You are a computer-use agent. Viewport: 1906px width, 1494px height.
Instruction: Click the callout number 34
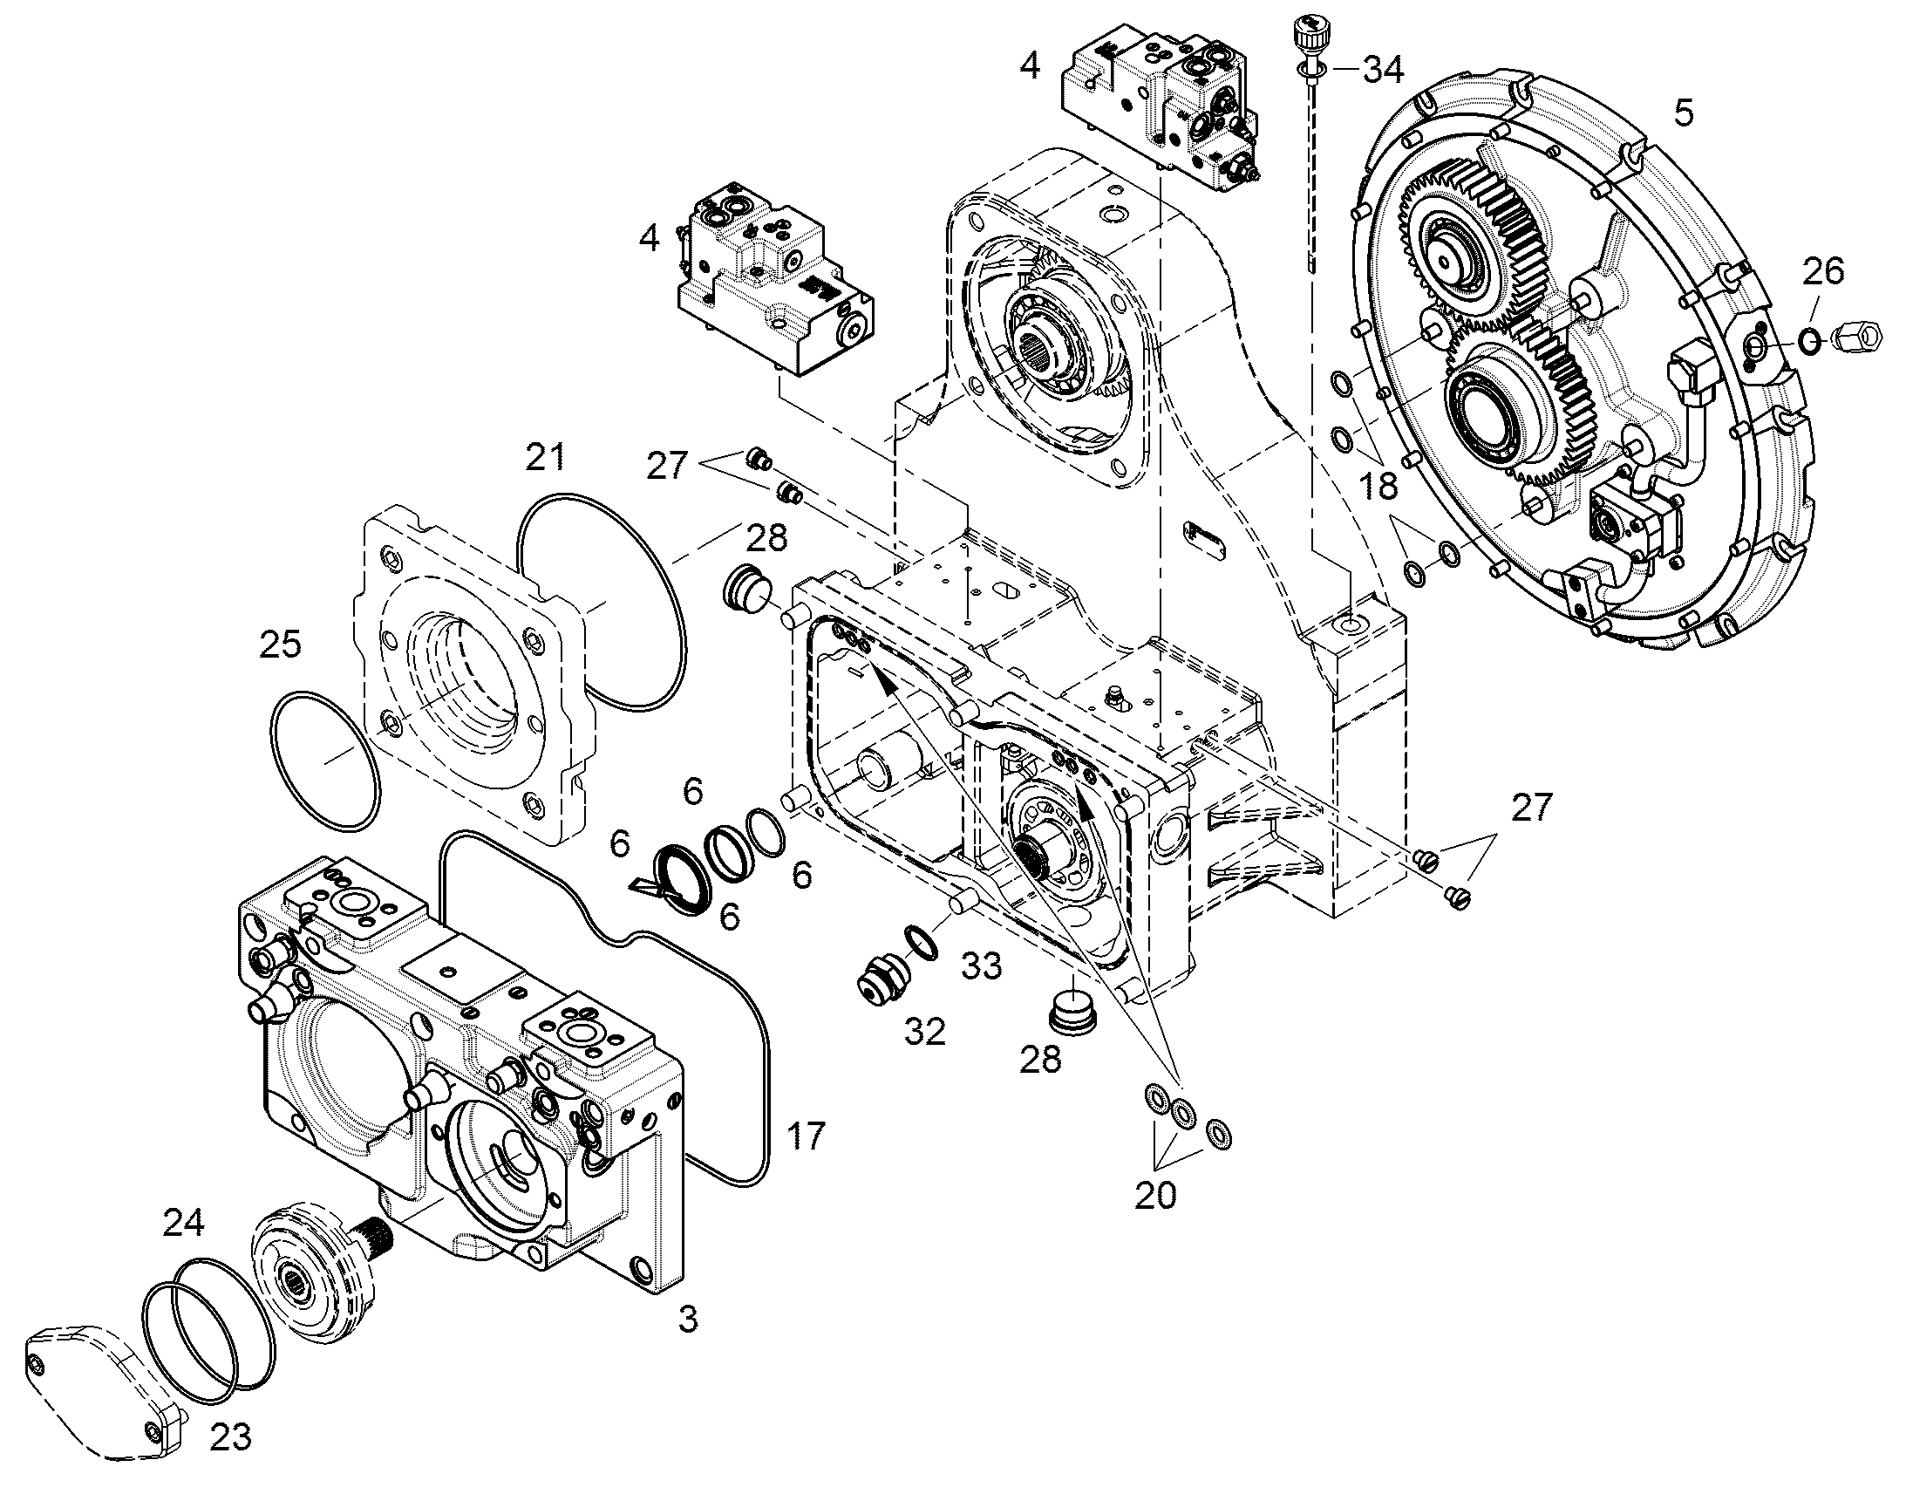[x=1383, y=68]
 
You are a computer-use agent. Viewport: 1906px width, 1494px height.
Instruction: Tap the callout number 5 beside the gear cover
[x=1684, y=113]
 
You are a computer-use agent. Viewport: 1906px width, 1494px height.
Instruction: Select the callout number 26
[x=1823, y=271]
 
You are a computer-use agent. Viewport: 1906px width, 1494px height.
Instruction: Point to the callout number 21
[x=545, y=458]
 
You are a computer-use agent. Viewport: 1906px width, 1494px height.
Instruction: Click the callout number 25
[x=280, y=645]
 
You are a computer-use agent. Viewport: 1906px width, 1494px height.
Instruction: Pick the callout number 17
[x=806, y=1136]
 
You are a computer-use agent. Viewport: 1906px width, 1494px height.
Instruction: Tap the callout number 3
[x=689, y=1320]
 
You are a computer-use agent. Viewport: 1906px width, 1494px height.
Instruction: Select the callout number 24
[x=184, y=1223]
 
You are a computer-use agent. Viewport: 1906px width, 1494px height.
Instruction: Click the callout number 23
[x=232, y=1436]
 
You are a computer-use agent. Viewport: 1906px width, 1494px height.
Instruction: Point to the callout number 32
[x=925, y=1032]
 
